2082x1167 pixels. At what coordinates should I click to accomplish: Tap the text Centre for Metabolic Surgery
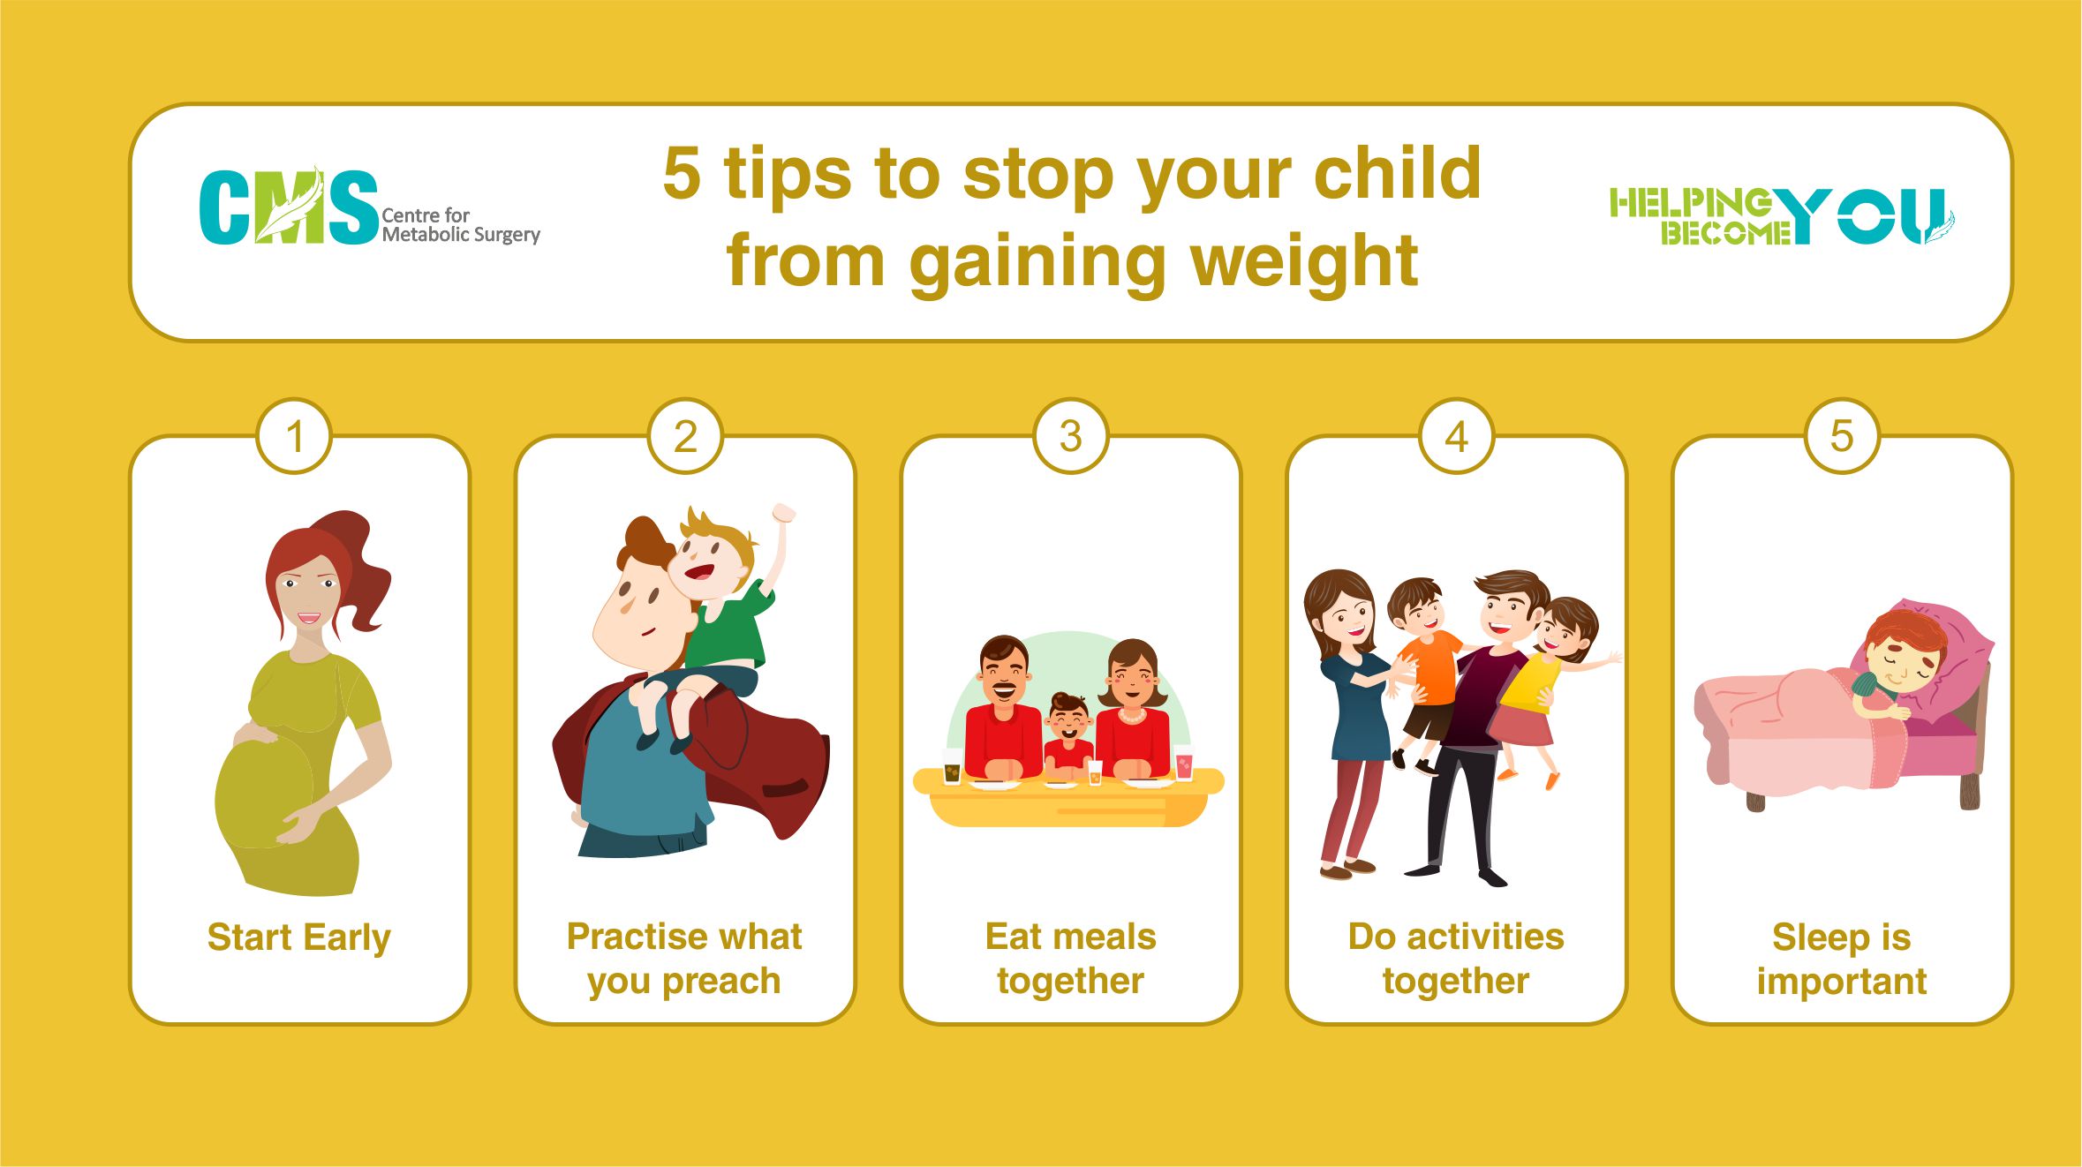pyautogui.click(x=460, y=225)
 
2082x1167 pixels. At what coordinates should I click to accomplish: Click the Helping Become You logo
pyautogui.click(x=1781, y=216)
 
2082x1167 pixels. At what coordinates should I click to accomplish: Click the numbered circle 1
pyautogui.click(x=294, y=436)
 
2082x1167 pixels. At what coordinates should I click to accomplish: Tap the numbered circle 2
pyautogui.click(x=685, y=436)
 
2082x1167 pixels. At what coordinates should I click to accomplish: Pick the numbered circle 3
pyautogui.click(x=1070, y=436)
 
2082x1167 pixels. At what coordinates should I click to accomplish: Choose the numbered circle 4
pyautogui.click(x=1456, y=436)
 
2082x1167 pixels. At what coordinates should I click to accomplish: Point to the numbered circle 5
pyautogui.click(x=1841, y=436)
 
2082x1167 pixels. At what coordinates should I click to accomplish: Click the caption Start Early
pyautogui.click(x=298, y=938)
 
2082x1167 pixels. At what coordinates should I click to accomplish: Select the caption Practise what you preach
pyautogui.click(x=684, y=959)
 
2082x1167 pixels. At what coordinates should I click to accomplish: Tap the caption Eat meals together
pyautogui.click(x=1070, y=959)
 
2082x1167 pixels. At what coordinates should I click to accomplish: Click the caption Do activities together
pyautogui.click(x=1456, y=959)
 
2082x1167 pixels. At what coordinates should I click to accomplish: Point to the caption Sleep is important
pyautogui.click(x=1842, y=959)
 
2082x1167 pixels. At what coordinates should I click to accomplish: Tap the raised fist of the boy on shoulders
pyautogui.click(x=783, y=513)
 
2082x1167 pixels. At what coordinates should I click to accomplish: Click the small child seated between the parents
pyautogui.click(x=1068, y=734)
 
